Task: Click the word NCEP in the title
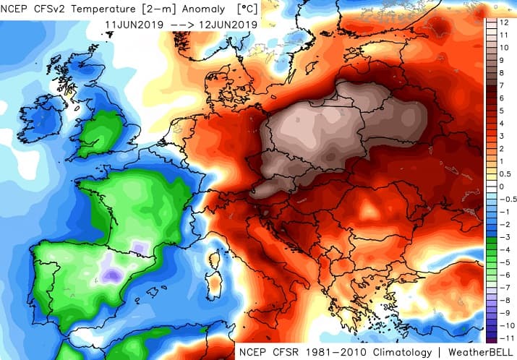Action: click(x=20, y=9)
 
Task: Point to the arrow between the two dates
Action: click(x=180, y=24)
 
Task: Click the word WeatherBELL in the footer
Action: click(x=481, y=351)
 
